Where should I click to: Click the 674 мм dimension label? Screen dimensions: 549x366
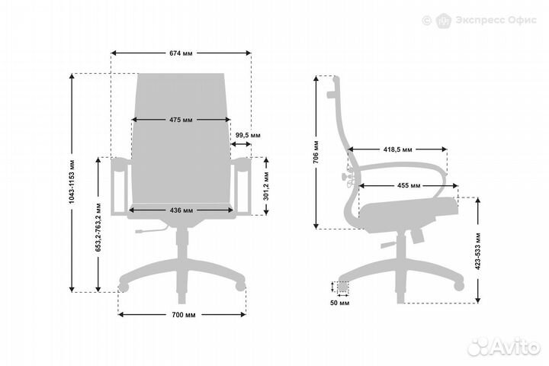click(181, 53)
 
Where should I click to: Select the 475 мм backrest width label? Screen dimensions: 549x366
click(181, 120)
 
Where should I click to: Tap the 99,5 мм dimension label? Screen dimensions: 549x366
click(248, 135)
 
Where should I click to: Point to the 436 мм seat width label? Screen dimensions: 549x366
click(181, 210)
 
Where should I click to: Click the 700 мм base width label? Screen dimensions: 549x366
click(184, 315)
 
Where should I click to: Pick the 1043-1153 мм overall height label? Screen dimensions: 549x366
click(72, 181)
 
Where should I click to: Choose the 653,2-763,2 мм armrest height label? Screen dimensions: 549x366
click(98, 227)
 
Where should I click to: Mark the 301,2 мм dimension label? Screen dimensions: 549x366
click(266, 186)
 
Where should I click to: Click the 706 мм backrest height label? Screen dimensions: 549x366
click(316, 152)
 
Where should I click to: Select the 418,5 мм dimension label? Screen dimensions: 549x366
click(398, 149)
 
